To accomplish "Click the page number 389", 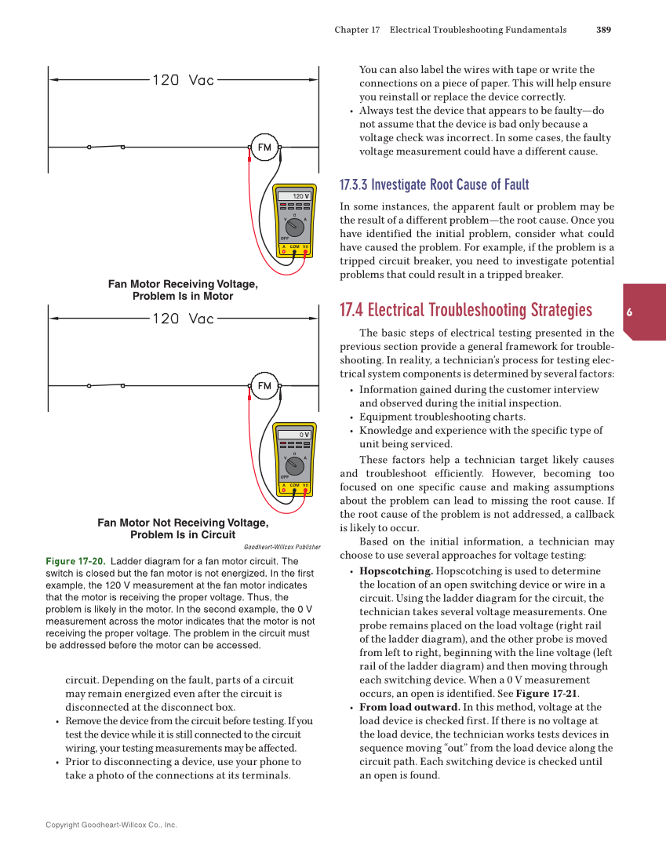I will pyautogui.click(x=603, y=30).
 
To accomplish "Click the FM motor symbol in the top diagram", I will pyautogui.click(x=264, y=147).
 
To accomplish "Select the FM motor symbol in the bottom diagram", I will pyautogui.click(x=264, y=385).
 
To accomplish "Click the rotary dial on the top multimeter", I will pyautogui.click(x=294, y=225).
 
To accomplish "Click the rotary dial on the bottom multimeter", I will pyautogui.click(x=294, y=464).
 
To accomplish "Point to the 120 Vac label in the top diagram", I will pyautogui.click(x=183, y=79).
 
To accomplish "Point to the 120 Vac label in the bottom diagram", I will pyautogui.click(x=183, y=319).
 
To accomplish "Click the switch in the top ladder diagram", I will pyautogui.click(x=106, y=147).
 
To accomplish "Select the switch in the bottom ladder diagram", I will pyautogui.click(x=106, y=385).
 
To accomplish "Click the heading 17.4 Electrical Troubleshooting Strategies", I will pyautogui.click(x=465, y=310).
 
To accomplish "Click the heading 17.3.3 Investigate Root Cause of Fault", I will pyautogui.click(x=434, y=185).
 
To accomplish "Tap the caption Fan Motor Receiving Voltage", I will pyautogui.click(x=183, y=284).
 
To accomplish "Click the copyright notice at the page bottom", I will pyautogui.click(x=111, y=825).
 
